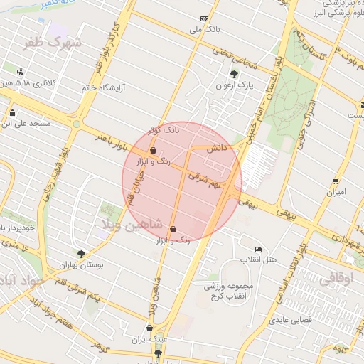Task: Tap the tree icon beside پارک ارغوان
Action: pyautogui.click(x=234, y=74)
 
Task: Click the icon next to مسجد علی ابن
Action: pyautogui.click(x=12, y=113)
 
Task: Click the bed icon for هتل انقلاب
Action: pyautogui.click(x=258, y=249)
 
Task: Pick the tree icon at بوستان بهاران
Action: pyautogui.click(x=81, y=253)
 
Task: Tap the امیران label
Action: pyautogui.click(x=335, y=192)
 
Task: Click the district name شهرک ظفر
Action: pyautogui.click(x=53, y=43)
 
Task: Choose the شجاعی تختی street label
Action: pyautogui.click(x=230, y=54)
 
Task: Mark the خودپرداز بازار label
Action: pyautogui.click(x=16, y=228)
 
